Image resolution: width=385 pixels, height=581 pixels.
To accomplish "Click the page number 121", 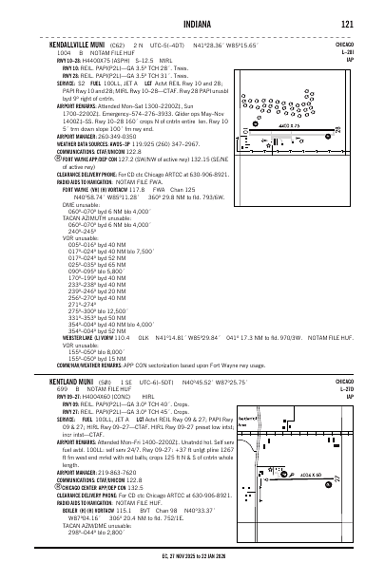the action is (x=349, y=23).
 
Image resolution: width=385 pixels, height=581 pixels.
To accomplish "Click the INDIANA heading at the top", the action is (x=192, y=23).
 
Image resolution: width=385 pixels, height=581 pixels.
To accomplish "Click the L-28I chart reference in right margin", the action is (x=372, y=52).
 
